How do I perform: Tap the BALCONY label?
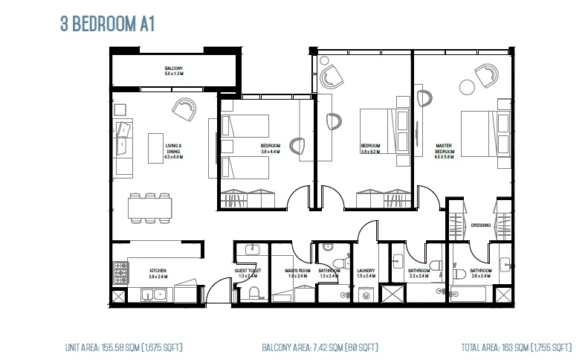174,71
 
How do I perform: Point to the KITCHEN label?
158,273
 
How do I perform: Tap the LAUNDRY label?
365,271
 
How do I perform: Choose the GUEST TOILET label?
248,273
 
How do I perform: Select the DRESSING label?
480,225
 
